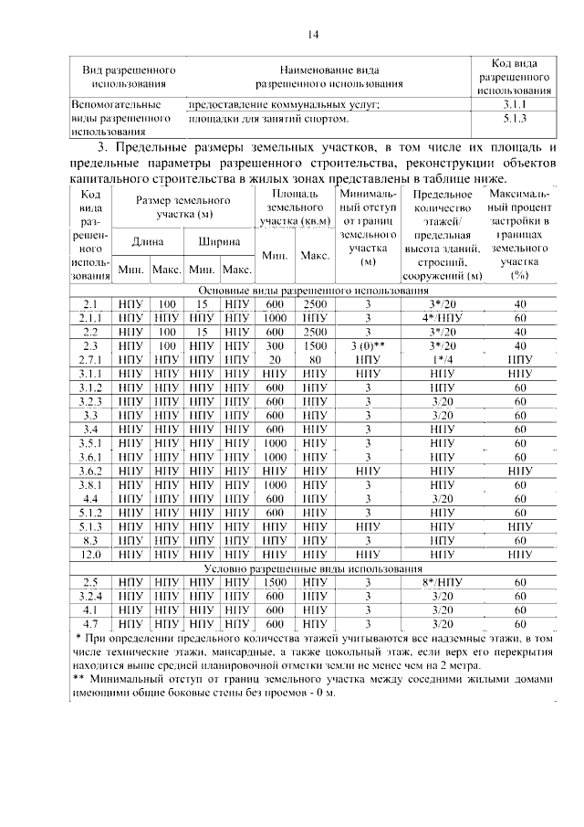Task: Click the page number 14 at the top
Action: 312,35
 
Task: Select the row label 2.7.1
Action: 89,360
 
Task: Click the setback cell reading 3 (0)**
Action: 369,346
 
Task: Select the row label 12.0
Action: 89,554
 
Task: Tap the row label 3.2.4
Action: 89,596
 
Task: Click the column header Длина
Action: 148,242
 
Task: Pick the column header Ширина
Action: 219,242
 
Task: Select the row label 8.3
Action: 89,540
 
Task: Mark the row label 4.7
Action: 89,623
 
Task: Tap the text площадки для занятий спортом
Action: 268,119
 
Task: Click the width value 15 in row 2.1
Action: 203,303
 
